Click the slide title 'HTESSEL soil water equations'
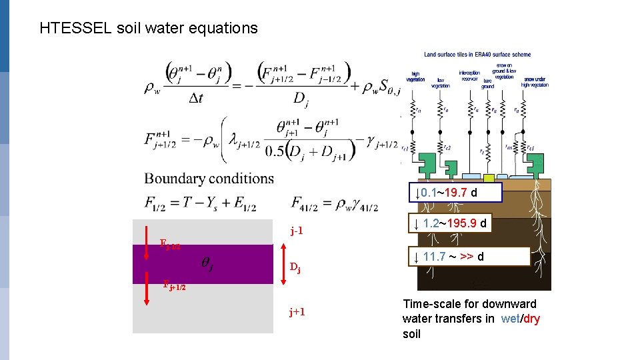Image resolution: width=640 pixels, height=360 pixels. coord(148,28)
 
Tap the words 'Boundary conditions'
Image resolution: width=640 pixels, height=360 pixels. coord(209,179)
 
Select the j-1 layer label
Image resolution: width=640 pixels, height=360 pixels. coord(297,231)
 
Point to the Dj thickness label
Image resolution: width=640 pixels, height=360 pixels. coord(295,269)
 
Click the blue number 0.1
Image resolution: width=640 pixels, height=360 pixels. coord(429,193)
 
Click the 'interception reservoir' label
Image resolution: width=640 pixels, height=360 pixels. coord(469,75)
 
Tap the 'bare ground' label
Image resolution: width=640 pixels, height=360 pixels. coord(487,83)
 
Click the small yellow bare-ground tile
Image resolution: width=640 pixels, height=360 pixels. coord(489,178)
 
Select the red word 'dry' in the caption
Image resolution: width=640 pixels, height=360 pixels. coord(531,319)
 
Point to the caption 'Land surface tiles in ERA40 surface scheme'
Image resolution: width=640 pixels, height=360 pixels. coord(477,55)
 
